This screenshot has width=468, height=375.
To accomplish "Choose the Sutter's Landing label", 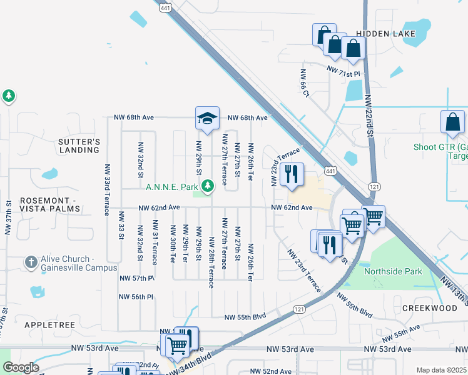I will point(79,146).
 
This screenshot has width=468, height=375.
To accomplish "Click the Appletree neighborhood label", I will point(49,325).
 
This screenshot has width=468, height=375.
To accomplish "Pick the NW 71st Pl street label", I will point(345,73).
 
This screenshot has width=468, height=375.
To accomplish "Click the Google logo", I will point(20,367).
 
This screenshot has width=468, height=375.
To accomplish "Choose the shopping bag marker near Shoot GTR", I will point(452,124).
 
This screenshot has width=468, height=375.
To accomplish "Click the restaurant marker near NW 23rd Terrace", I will point(291,176).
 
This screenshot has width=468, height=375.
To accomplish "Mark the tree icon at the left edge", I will point(9,96).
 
